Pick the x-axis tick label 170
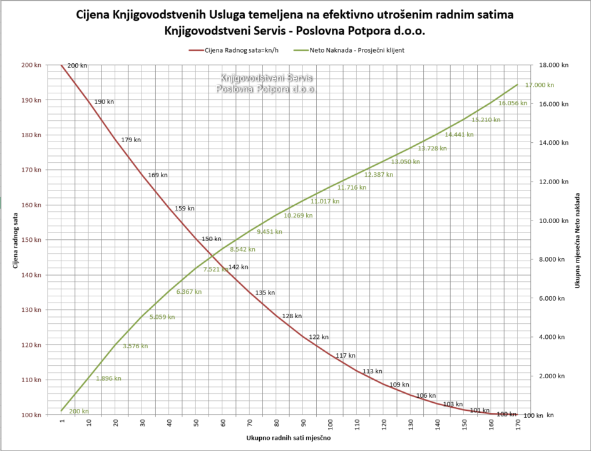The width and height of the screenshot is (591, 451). click(518, 425)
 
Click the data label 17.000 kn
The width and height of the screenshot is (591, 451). click(540, 85)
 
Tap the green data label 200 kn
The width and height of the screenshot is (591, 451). click(79, 412)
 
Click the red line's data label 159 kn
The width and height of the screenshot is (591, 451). click(185, 209)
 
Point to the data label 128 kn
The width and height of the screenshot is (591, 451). click(292, 316)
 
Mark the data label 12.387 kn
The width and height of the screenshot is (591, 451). click(378, 175)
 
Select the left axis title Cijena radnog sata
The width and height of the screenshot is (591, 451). click(14, 240)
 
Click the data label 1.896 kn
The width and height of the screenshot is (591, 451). click(109, 378)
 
